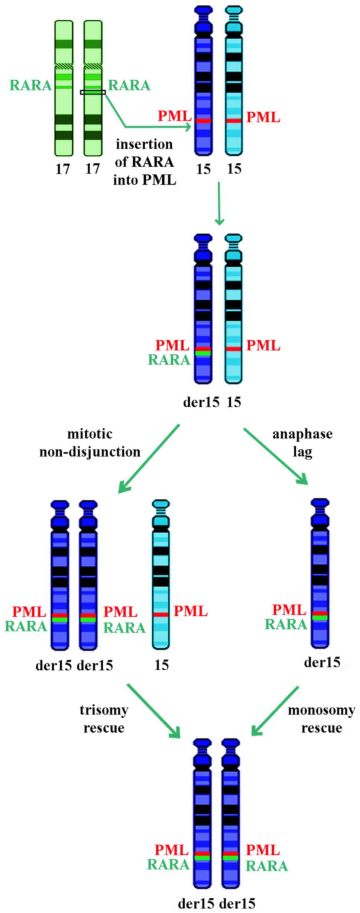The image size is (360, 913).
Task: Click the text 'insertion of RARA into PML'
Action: coord(145,162)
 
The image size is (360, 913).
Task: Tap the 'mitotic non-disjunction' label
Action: coord(90,443)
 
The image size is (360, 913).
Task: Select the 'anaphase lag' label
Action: coord(302,443)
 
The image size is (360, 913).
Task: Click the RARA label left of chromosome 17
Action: coord(31,85)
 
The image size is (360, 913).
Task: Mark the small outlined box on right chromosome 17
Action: coord(93,92)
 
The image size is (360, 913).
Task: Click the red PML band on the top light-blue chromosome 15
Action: coord(234,121)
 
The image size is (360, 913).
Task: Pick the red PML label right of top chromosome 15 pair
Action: coord(263,118)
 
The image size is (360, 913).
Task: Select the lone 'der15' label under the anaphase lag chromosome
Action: coord(322,662)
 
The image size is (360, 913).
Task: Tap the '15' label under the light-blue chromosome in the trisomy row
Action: coord(161,664)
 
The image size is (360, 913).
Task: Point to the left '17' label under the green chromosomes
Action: coord(63,169)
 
